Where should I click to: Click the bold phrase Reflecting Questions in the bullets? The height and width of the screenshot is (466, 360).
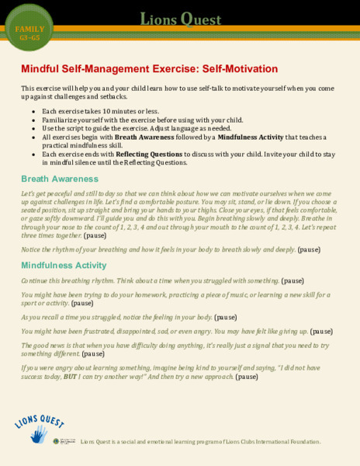(126, 155)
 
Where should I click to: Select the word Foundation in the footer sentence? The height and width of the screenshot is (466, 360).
(299, 441)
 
